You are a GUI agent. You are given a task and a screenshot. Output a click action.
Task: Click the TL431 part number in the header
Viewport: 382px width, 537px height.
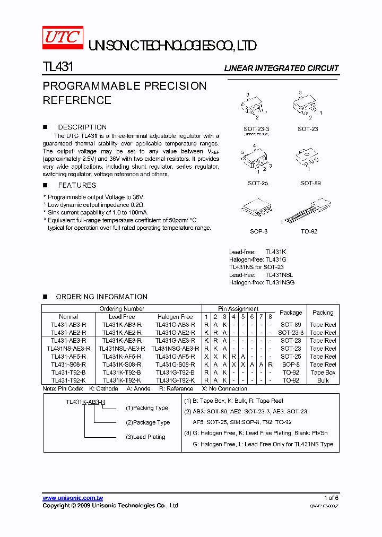pyautogui.click(x=58, y=67)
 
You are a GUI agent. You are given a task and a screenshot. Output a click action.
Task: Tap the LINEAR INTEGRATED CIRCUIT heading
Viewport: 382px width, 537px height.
pyautogui.click(x=281, y=68)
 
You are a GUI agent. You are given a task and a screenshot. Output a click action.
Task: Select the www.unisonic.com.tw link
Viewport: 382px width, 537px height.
pyautogui.click(x=73, y=498)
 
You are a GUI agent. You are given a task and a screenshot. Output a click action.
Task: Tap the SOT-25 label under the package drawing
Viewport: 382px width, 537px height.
pyautogui.click(x=257, y=183)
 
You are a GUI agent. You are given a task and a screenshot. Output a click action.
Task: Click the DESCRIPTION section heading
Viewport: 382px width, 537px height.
pyautogui.click(x=82, y=127)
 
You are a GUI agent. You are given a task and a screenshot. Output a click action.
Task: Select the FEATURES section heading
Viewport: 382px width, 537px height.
pyautogui.click(x=77, y=185)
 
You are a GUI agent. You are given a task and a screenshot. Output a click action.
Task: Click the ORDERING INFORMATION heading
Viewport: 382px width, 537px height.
pyautogui.click(x=101, y=297)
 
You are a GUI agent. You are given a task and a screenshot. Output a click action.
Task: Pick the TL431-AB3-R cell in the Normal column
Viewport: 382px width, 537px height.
pyautogui.click(x=68, y=325)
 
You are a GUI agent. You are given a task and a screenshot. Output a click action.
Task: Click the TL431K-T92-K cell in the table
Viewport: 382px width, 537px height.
pyautogui.click(x=121, y=380)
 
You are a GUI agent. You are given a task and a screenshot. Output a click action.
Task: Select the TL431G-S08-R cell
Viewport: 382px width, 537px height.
pyautogui.click(x=175, y=365)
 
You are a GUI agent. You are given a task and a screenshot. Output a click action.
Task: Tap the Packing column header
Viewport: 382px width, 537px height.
pyautogui.click(x=323, y=313)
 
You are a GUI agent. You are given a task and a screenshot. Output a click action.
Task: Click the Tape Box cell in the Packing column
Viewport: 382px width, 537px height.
pyautogui.click(x=323, y=373)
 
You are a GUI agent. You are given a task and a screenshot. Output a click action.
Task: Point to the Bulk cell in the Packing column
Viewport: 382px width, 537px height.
pyautogui.click(x=323, y=380)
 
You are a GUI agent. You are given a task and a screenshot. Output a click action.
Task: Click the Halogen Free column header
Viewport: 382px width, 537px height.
pyautogui.click(x=175, y=317)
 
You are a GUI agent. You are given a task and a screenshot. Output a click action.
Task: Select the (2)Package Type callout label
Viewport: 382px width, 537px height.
pyautogui.click(x=147, y=422)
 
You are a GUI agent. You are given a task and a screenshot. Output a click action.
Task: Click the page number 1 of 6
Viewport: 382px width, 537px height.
pyautogui.click(x=331, y=498)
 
